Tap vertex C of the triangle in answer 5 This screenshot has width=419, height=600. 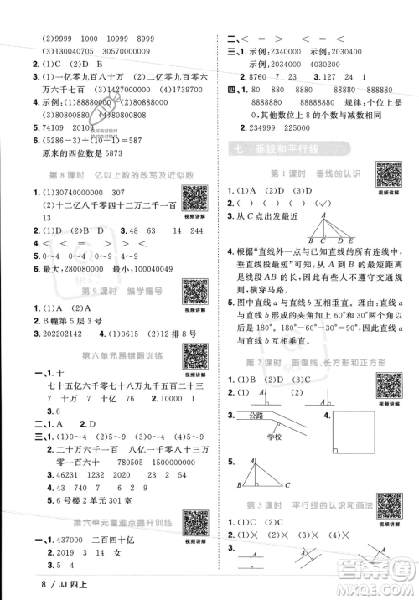(286, 486)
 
